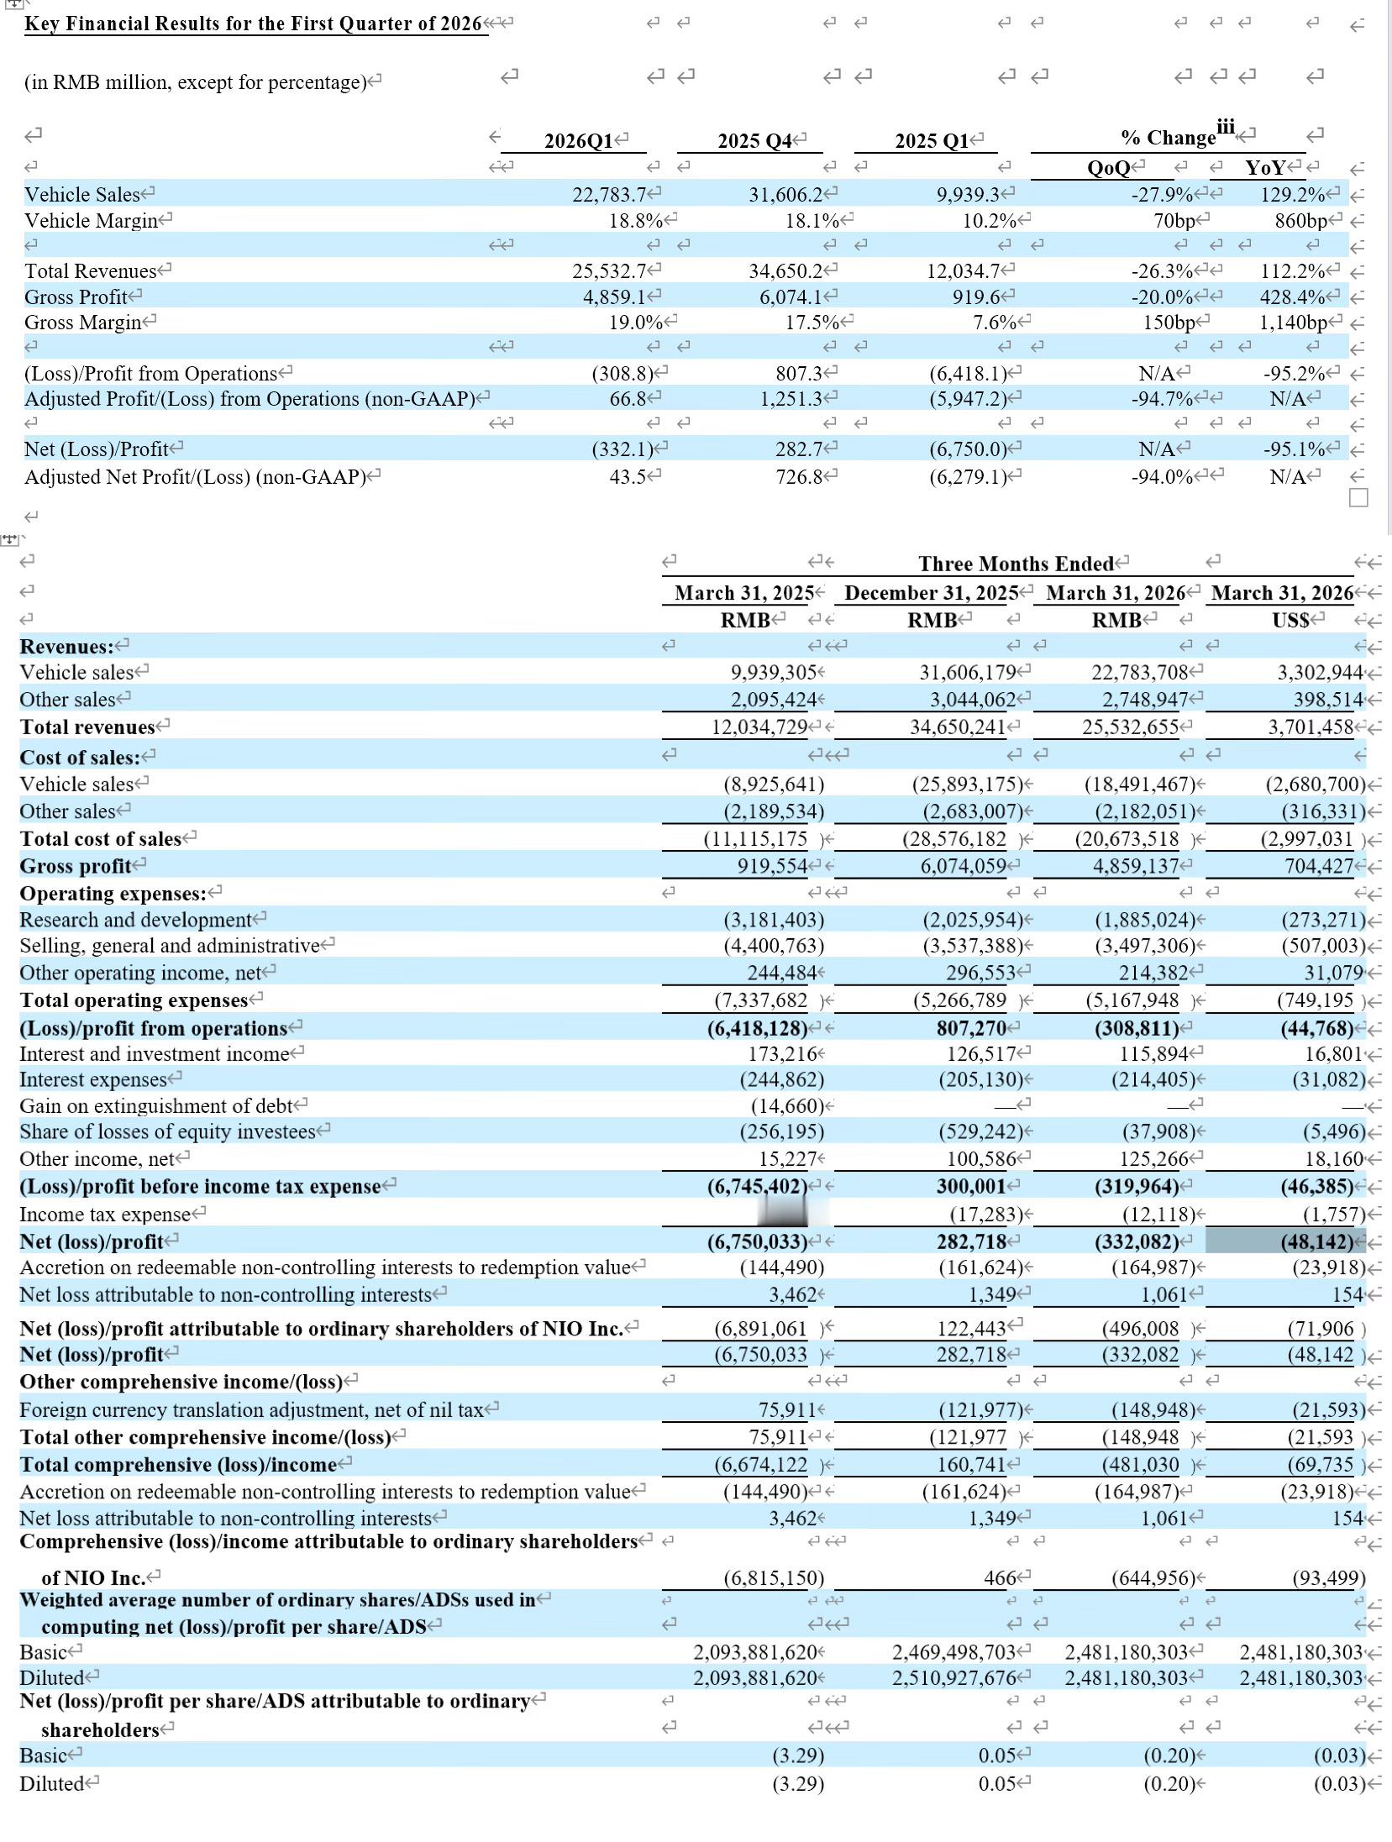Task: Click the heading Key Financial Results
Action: click(x=253, y=24)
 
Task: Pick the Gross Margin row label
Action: click(x=83, y=323)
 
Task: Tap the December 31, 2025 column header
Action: click(x=932, y=593)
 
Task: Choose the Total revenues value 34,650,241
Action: click(x=959, y=727)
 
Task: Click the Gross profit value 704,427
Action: click(x=1319, y=866)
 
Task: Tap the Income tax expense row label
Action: click(x=106, y=1214)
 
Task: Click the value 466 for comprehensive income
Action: click(x=995, y=1577)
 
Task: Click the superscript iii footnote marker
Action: click(x=1226, y=127)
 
